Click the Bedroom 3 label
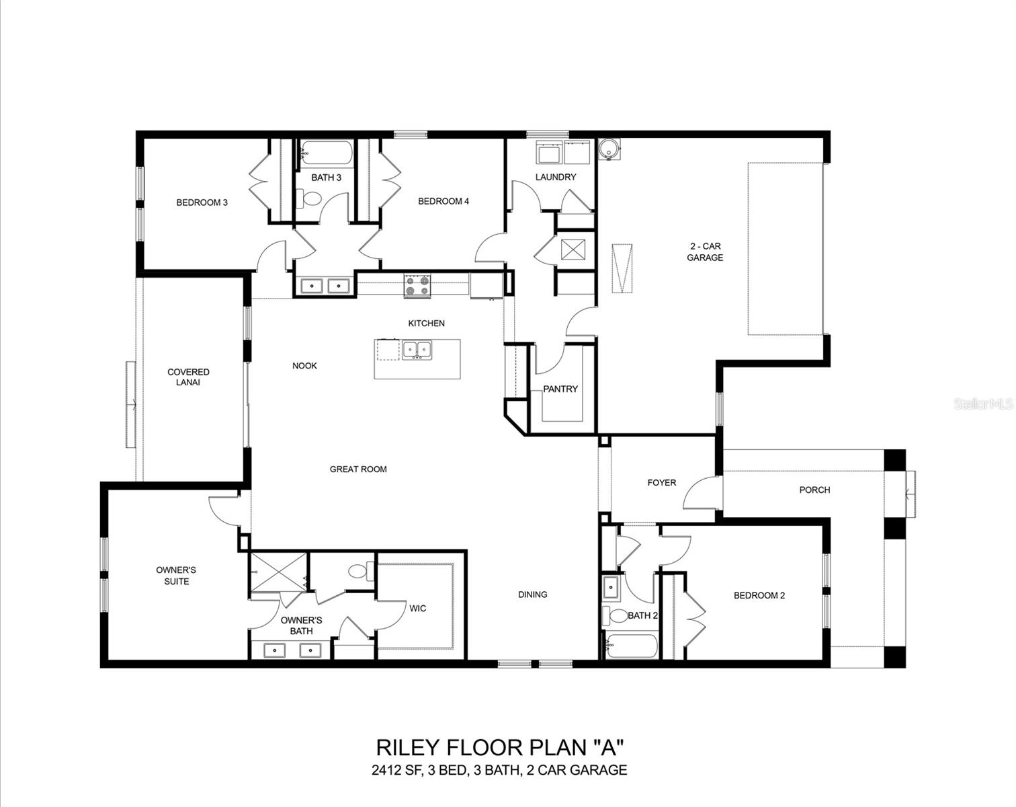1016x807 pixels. [202, 202]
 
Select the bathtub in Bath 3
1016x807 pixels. [326, 153]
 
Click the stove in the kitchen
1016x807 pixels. [417, 286]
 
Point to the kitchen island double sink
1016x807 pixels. [417, 350]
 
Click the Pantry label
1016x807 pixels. [560, 389]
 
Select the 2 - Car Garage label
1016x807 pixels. [704, 252]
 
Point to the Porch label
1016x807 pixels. [814, 490]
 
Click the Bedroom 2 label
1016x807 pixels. [759, 595]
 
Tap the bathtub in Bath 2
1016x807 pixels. [632, 646]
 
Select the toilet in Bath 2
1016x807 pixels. [615, 615]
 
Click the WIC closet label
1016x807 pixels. [417, 609]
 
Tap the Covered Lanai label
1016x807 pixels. [188, 377]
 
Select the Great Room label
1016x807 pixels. [358, 469]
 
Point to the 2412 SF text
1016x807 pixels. [394, 771]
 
